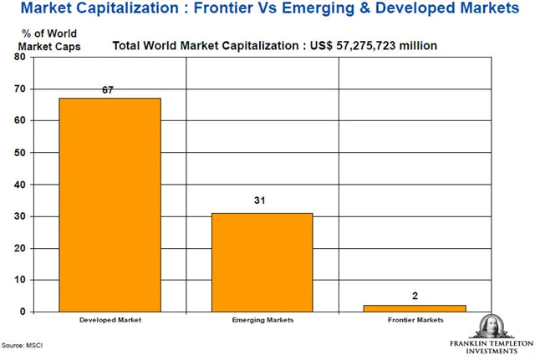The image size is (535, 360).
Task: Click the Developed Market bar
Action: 110,205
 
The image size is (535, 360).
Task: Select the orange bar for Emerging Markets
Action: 262,261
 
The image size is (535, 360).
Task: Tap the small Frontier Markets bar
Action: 415,308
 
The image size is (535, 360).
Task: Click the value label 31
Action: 262,202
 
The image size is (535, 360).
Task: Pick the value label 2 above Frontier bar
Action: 415,295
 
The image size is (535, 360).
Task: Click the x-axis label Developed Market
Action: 109,321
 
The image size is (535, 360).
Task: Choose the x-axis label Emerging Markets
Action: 262,321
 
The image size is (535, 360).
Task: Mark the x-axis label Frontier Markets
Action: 415,321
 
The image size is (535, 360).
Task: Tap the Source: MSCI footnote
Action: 23,344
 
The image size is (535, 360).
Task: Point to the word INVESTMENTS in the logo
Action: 491,352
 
